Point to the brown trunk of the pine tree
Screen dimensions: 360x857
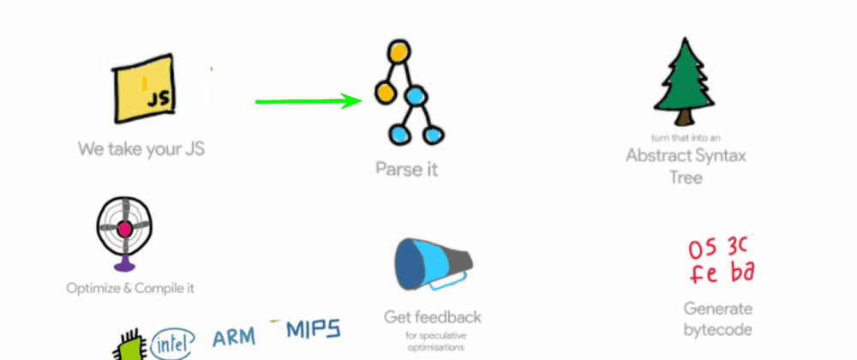tap(685, 117)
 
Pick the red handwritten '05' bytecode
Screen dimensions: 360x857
tap(702, 249)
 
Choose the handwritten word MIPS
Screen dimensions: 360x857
tap(313, 329)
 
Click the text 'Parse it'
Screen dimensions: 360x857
tap(406, 169)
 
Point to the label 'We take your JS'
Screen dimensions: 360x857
tap(141, 148)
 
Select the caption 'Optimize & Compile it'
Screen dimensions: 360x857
tap(130, 288)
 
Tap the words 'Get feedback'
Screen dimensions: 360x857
tap(433, 317)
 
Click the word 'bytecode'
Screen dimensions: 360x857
tap(717, 330)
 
